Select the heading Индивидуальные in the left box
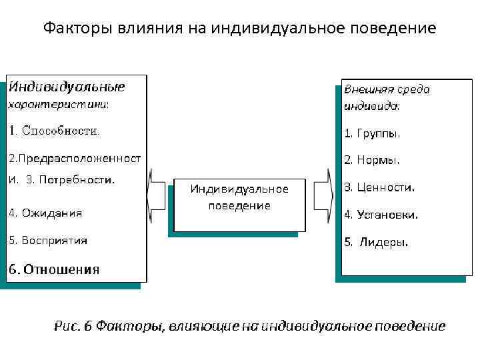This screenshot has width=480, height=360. point(67,87)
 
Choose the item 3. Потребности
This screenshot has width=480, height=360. point(71,179)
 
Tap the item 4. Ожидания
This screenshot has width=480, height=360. point(45,213)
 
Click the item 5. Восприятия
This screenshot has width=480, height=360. point(48,240)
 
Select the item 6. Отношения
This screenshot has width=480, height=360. point(54,269)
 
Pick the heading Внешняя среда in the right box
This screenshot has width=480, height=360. point(387,89)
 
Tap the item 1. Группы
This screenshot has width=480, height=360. point(372,133)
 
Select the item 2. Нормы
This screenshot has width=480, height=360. point(372,160)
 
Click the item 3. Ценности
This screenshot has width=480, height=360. point(379,187)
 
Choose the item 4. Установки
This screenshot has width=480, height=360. point(381,215)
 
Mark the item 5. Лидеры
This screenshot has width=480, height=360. point(377,242)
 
